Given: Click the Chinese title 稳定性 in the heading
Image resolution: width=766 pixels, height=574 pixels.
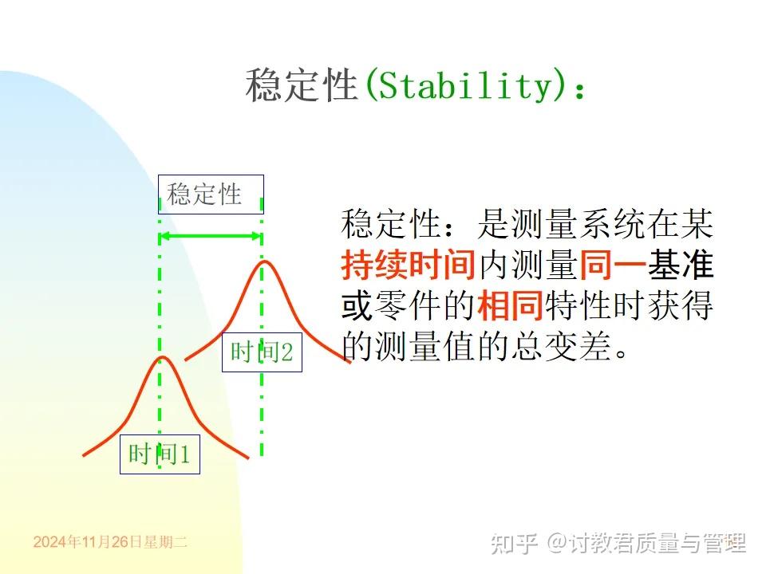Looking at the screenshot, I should [x=300, y=85].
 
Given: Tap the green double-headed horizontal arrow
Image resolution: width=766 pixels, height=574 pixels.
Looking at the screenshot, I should [x=211, y=236].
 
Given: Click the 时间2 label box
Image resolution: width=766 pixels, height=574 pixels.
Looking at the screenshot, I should [x=262, y=352].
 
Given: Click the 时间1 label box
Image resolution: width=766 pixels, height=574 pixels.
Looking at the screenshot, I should [x=160, y=454].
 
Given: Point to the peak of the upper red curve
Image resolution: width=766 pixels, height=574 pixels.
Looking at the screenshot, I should [x=263, y=261].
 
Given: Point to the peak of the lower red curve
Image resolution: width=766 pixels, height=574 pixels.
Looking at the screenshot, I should [x=163, y=358].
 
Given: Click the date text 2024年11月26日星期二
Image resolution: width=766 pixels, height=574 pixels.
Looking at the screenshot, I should [x=110, y=542].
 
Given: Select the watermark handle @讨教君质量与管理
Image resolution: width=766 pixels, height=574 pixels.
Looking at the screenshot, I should [x=646, y=543].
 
